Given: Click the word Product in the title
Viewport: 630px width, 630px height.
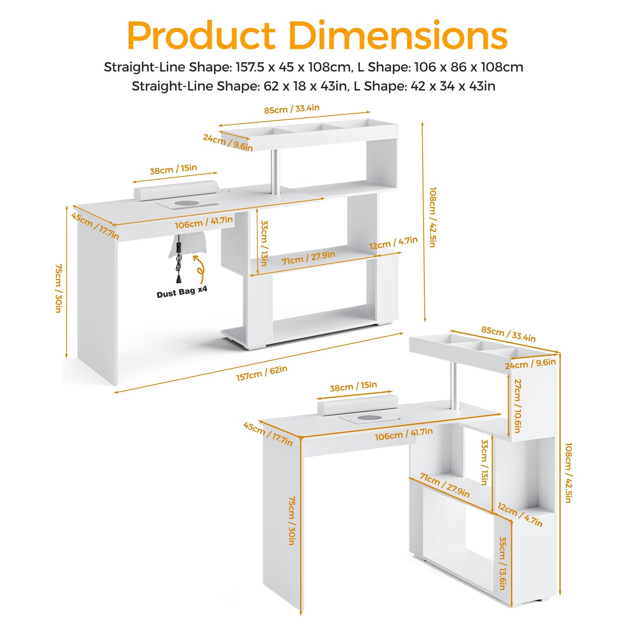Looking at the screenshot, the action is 201,35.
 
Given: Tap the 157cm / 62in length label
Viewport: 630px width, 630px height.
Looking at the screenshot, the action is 262,373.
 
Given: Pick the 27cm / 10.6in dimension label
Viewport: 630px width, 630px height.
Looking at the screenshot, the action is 517,406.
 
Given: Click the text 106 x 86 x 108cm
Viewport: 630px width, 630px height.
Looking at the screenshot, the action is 469,67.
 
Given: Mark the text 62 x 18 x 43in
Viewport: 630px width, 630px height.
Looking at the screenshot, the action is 305,86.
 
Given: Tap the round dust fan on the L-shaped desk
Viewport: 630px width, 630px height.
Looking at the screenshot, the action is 366,418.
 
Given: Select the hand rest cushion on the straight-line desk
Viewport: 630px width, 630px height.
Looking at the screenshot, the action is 176,190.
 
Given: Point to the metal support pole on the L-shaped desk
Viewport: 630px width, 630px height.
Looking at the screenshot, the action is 453,386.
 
